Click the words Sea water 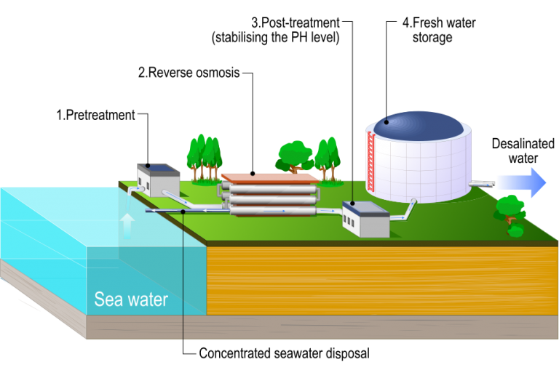coord(131,299)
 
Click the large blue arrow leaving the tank coord(521,182)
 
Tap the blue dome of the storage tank coord(416,124)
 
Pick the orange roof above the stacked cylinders coord(269,177)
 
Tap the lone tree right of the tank coord(511,211)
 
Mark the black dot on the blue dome coord(386,120)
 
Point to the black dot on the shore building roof coord(148,166)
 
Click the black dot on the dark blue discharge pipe coord(182,212)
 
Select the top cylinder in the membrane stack coord(271,188)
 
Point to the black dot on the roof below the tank coord(352,202)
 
